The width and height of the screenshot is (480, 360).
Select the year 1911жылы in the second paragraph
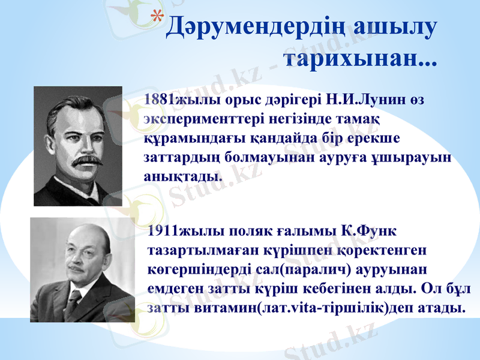175,231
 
